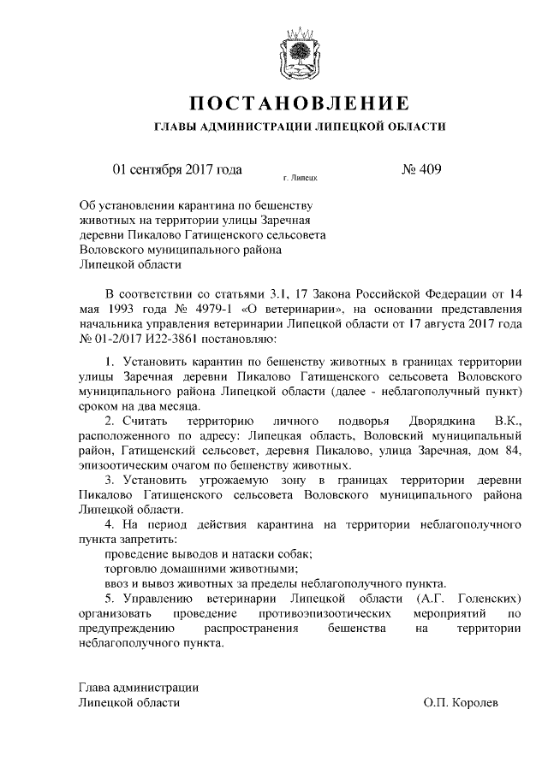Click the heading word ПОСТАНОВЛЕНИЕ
300,105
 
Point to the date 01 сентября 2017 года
177,169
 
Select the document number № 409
420,169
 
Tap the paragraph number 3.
109,480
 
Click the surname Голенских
485,597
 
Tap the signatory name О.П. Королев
460,701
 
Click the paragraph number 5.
109,597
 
